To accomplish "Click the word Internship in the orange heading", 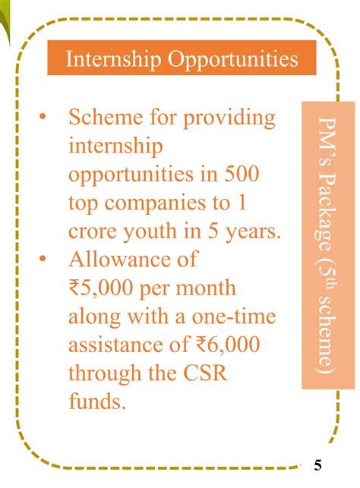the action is click(x=104, y=58).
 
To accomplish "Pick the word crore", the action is click(x=93, y=231).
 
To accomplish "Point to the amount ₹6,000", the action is click(x=226, y=345).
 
